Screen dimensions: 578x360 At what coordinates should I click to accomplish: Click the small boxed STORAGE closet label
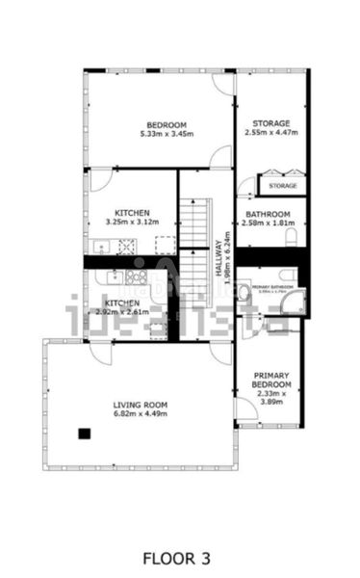pyautogui.click(x=282, y=185)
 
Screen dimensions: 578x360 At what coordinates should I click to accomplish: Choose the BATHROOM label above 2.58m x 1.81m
pyautogui.click(x=269, y=214)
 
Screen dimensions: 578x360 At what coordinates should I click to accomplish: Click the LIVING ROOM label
pyautogui.click(x=141, y=405)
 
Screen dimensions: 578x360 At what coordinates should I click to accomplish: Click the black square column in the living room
pyautogui.click(x=85, y=433)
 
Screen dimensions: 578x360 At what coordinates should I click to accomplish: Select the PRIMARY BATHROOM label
pyautogui.click(x=272, y=287)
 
